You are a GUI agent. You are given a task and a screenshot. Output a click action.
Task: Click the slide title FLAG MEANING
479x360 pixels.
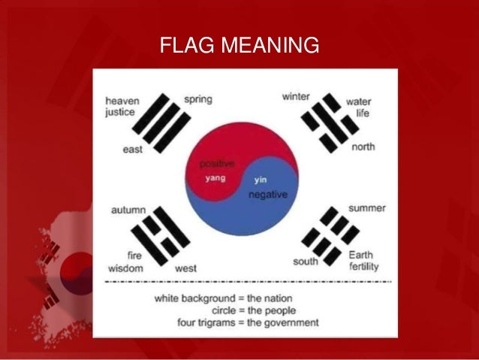coord(239,47)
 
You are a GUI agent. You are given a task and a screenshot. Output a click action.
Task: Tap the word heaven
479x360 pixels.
coord(122,101)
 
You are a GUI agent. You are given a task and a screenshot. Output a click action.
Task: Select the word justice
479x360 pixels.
coord(120,113)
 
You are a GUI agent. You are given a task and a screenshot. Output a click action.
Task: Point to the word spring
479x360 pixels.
coord(198,98)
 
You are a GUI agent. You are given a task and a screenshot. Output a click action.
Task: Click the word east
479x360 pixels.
coord(133,150)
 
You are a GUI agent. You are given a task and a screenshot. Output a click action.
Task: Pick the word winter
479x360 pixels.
coord(296,97)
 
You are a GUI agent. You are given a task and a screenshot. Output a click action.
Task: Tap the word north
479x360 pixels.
coord(363,147)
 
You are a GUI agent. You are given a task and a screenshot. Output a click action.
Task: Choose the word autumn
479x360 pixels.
coord(128,210)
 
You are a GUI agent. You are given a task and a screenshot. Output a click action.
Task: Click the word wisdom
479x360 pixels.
coord(125,268)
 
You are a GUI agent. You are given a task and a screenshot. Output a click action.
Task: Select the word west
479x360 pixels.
coord(185,268)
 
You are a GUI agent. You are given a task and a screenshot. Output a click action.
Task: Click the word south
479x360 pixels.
coord(306,262)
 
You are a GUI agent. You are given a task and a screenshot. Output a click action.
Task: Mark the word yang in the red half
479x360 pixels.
coord(215,178)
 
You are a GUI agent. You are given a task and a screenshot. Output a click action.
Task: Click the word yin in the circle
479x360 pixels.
coord(261,180)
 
